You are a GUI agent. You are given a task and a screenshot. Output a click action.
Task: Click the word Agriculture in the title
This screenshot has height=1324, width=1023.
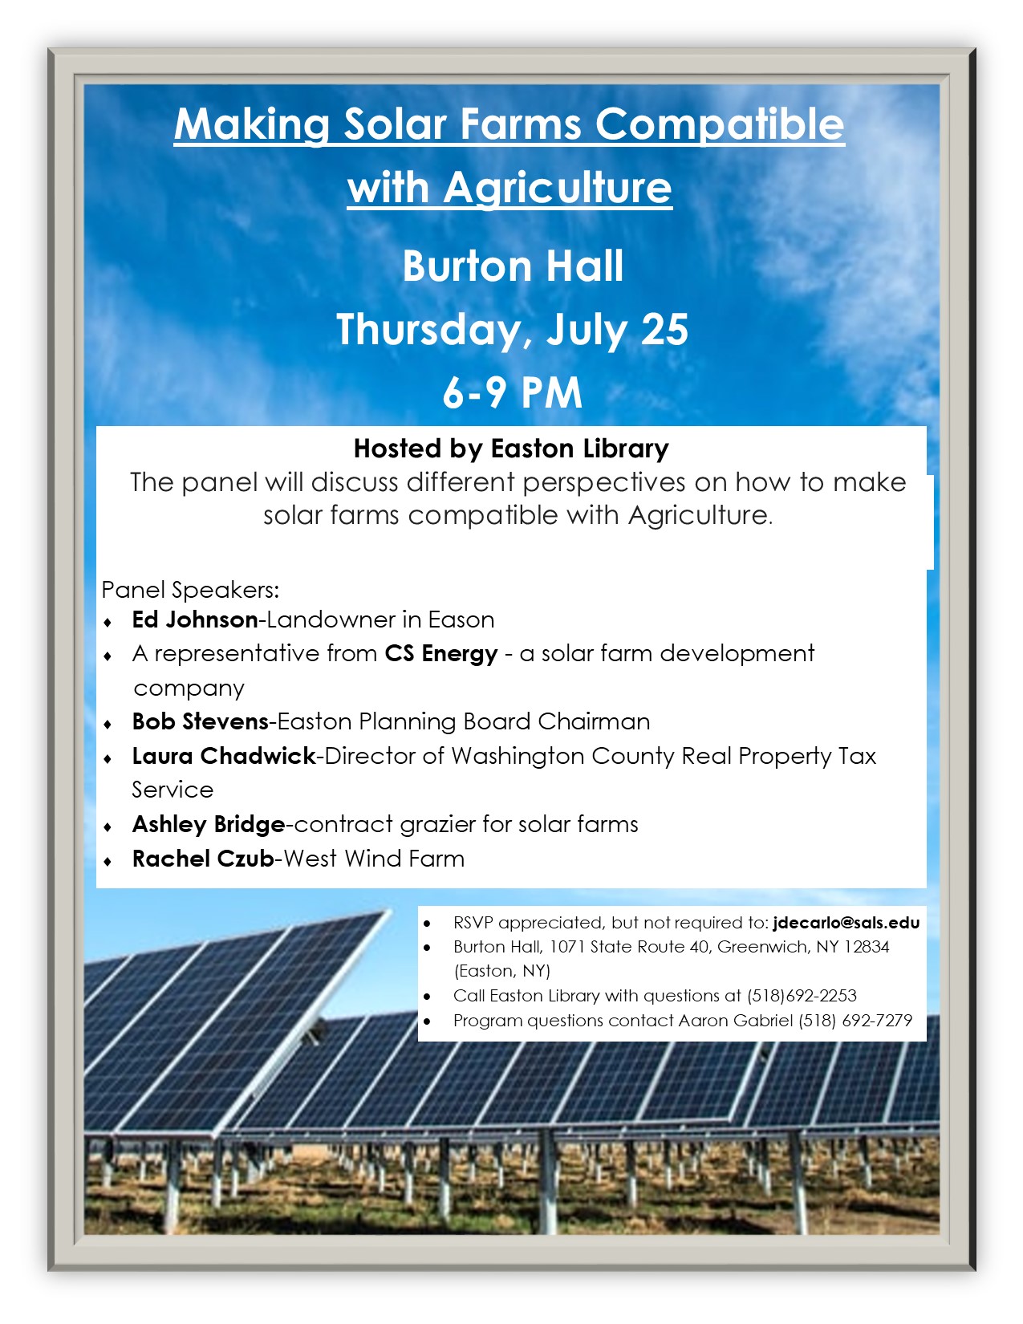click(557, 187)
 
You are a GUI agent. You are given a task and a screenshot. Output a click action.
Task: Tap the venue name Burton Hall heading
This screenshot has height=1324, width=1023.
click(513, 266)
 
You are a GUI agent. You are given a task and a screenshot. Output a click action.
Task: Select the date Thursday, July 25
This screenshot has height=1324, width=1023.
click(512, 330)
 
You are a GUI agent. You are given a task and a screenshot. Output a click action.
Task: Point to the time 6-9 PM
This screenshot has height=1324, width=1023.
click(512, 392)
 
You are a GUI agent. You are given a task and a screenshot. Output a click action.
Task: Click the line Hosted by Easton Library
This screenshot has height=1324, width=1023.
click(511, 449)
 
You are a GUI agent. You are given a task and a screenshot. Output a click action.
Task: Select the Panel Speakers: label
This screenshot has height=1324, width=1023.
click(190, 590)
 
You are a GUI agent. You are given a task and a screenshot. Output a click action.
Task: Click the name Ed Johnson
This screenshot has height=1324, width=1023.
click(195, 619)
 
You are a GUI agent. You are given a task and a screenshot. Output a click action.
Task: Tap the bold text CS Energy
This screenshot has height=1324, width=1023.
click(441, 654)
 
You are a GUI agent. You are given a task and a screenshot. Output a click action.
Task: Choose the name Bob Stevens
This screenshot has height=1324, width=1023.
click(200, 721)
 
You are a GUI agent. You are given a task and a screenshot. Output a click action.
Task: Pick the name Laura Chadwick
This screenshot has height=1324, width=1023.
click(224, 756)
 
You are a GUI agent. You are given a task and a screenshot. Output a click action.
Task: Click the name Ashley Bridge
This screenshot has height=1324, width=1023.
click(209, 824)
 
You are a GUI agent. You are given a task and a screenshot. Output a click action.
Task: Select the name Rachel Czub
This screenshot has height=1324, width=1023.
click(203, 859)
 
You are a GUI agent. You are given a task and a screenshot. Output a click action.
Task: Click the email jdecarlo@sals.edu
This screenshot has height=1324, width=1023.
click(846, 923)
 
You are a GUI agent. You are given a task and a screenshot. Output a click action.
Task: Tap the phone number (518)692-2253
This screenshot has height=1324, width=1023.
click(802, 996)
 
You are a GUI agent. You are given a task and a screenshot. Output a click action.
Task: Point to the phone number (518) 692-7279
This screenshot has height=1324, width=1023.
click(855, 1021)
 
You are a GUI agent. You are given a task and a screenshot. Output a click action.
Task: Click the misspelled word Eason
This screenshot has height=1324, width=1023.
click(461, 619)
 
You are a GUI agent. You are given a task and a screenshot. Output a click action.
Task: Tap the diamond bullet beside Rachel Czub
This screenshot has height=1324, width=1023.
click(108, 862)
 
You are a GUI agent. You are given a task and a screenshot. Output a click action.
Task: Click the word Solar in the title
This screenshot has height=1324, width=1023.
click(395, 124)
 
